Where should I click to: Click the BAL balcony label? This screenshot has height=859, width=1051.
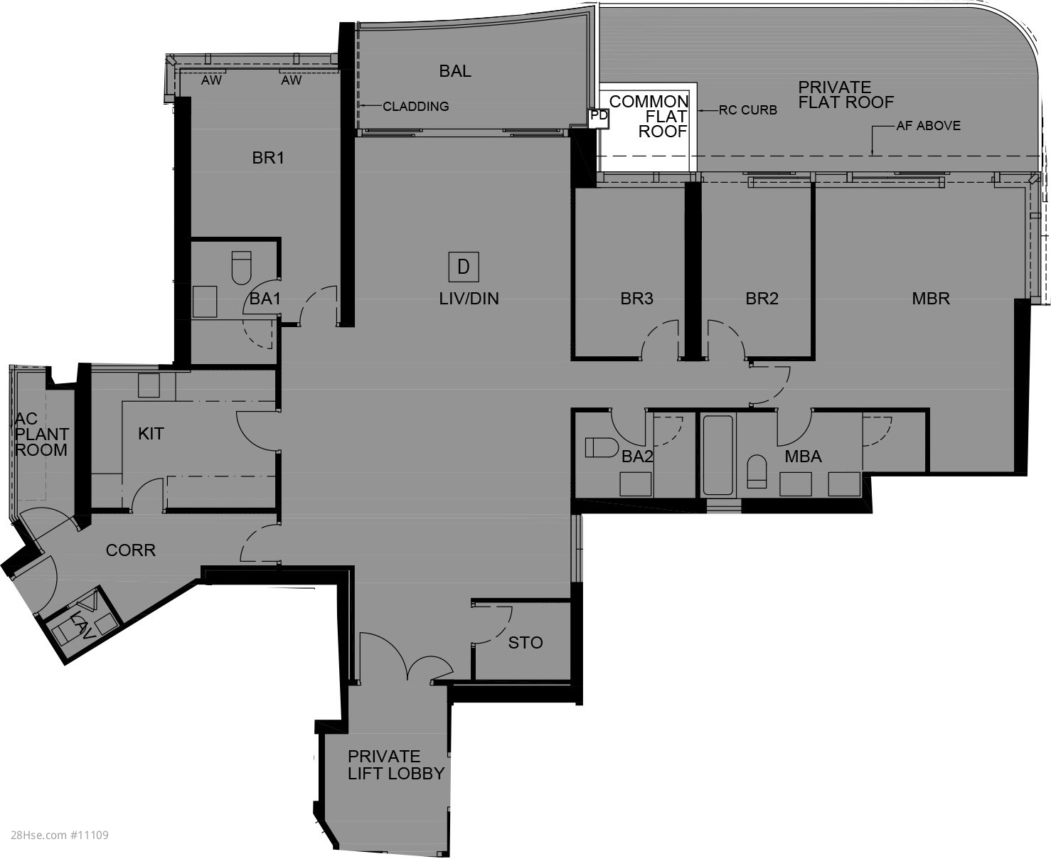455,71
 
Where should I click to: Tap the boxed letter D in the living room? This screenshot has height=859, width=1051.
464,267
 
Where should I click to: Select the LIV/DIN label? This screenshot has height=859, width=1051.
469,299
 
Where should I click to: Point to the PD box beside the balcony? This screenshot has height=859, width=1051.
599,117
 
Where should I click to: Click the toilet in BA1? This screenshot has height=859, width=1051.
241,268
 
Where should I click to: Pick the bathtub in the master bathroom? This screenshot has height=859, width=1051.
717,454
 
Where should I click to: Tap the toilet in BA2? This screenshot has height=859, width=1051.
602,447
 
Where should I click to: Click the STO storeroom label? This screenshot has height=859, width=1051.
525,643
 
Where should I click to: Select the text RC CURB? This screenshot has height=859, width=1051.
748,110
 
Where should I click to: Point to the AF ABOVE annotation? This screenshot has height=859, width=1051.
929,126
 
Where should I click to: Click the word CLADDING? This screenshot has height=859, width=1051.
415,106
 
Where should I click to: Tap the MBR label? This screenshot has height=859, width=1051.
931,299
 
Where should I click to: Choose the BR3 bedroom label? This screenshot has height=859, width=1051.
636,299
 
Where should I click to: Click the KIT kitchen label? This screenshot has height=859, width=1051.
151,434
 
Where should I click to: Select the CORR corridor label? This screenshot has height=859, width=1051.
131,550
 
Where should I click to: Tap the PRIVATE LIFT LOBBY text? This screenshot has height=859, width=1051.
395,765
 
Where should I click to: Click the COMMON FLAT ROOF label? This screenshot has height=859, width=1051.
649,117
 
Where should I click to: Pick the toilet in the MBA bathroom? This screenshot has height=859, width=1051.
757,471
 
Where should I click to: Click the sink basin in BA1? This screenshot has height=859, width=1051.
205,302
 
